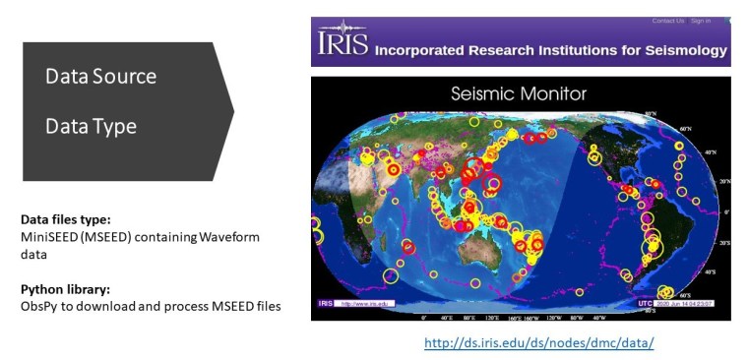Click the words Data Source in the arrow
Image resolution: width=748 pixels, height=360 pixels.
pyautogui.click(x=100, y=77)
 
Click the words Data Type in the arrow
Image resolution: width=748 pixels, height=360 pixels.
pyautogui.click(x=91, y=127)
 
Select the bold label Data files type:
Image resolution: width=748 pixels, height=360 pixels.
pyautogui.click(x=63, y=218)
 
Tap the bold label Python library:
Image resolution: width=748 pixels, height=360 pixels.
pyautogui.click(x=63, y=290)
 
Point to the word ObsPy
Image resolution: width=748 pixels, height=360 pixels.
pyautogui.click(x=37, y=307)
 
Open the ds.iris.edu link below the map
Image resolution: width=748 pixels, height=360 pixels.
pyautogui.click(x=539, y=343)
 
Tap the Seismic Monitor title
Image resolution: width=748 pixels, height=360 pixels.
pyautogui.click(x=519, y=94)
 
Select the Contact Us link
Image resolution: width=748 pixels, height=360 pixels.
pyautogui.click(x=666, y=21)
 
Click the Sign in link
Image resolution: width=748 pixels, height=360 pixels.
pyautogui.click(x=700, y=21)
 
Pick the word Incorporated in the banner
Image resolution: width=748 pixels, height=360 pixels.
pyautogui.click(x=423, y=48)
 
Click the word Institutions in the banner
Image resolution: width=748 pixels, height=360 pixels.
pyautogui.click(x=570, y=48)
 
